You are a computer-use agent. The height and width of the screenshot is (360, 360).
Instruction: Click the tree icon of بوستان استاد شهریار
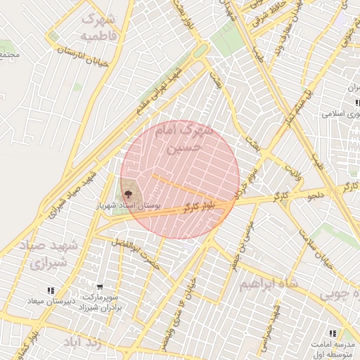128,193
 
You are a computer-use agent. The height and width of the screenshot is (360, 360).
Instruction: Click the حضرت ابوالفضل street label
136,255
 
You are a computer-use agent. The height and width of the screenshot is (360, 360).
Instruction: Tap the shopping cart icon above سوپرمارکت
100,287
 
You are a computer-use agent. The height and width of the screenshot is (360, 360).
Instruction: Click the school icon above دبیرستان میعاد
50,290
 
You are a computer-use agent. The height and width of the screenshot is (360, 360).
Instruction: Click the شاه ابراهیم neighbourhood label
269,283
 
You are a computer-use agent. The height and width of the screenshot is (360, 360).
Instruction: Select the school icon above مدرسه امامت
332,333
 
